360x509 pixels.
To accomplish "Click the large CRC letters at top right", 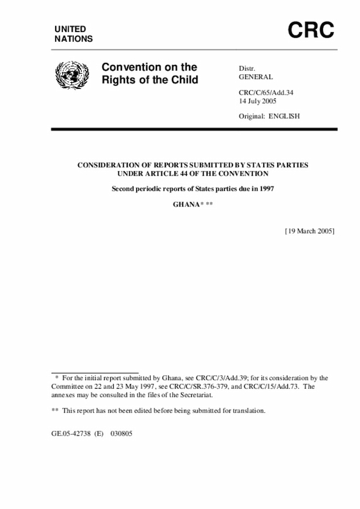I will point(311,30).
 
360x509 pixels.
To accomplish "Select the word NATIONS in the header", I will point(74,39).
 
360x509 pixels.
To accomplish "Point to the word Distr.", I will point(247,68).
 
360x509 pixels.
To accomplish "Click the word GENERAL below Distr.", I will point(256,76).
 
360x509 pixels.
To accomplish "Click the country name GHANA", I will point(186,204).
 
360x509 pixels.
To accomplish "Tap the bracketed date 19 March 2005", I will point(310,231).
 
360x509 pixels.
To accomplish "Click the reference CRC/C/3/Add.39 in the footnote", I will point(217,379).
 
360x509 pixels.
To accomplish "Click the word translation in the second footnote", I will point(246,411).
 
